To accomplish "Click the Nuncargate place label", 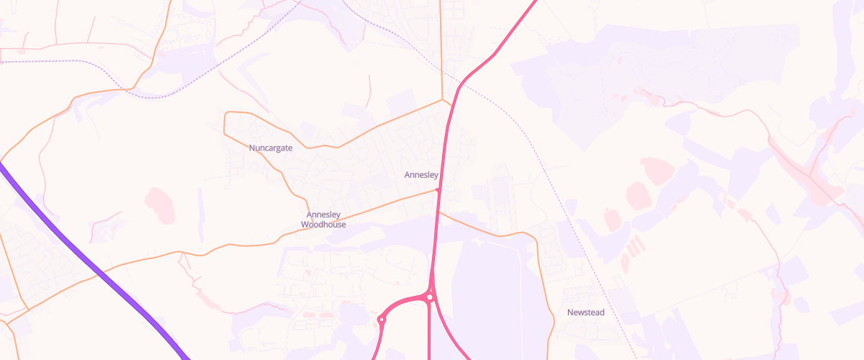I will [270, 148].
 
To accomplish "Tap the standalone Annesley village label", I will [421, 175].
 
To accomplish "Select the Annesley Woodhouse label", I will [323, 220].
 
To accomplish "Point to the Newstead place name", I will [585, 312].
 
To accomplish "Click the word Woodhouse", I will [323, 225].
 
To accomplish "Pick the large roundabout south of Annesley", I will [430, 297].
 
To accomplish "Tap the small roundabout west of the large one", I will [382, 320].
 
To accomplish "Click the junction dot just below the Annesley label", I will [438, 190].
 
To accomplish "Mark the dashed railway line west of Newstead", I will [576, 216].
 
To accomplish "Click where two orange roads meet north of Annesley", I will [442, 100].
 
